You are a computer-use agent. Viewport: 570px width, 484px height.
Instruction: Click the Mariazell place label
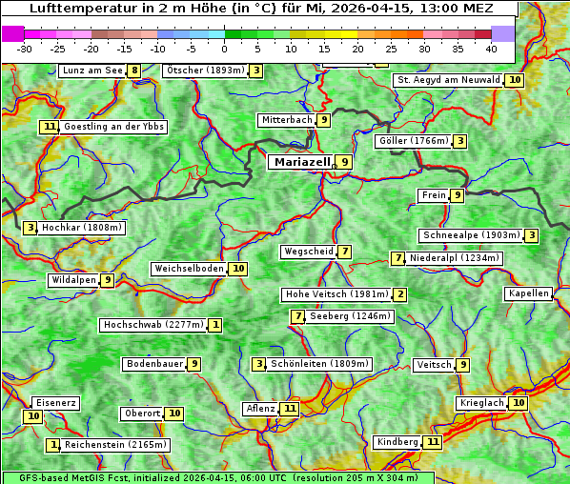(302, 162)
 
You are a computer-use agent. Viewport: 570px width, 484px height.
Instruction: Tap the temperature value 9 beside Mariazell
(345, 163)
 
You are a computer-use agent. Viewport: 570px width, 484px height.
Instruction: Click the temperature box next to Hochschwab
(216, 325)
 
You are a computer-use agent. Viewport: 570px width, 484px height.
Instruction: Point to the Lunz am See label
(92, 71)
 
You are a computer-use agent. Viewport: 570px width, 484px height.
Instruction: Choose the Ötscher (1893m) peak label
(205, 71)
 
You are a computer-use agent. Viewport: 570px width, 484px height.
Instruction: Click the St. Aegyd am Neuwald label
(448, 80)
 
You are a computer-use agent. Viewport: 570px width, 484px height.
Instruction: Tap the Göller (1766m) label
(413, 141)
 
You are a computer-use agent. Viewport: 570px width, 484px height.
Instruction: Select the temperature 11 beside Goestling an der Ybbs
(49, 127)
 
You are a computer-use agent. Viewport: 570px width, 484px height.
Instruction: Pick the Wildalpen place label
(73, 280)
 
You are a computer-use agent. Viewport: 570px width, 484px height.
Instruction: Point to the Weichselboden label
(189, 269)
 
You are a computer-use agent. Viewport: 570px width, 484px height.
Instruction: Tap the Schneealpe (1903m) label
(471, 235)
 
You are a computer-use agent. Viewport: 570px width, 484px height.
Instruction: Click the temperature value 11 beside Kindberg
(434, 442)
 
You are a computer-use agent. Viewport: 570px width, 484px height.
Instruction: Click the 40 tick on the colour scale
(491, 48)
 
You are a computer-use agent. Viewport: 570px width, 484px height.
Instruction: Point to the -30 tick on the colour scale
(25, 48)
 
